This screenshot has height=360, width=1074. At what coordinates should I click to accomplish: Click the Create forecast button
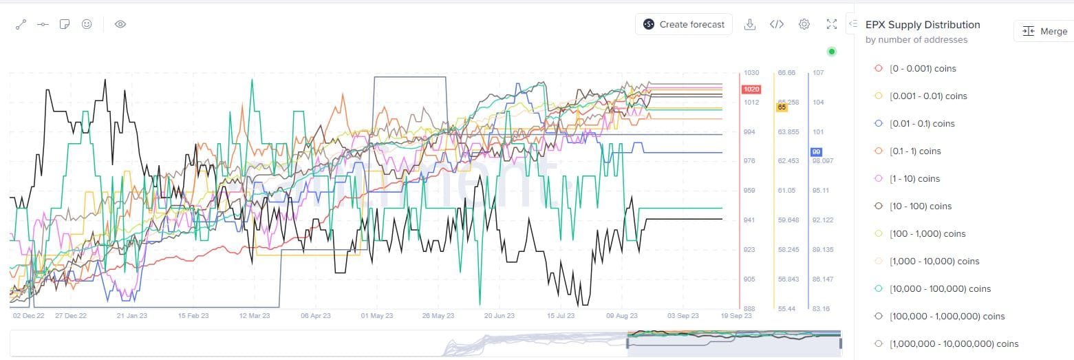coord(684,24)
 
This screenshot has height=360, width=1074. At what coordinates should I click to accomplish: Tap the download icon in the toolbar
coord(751,24)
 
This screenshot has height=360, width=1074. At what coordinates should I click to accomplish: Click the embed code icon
coord(777,24)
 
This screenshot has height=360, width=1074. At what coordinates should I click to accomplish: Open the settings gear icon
coord(804,24)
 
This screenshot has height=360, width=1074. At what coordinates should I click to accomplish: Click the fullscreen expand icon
coord(831,24)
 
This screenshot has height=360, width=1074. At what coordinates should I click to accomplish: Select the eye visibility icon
coord(120,24)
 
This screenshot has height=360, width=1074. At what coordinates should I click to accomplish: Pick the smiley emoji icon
coord(87,24)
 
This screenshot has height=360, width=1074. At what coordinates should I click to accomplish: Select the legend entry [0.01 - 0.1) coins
coord(922,123)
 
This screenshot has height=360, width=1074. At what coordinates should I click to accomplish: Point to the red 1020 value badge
coord(751,89)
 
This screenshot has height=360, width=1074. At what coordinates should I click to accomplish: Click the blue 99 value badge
coord(817,152)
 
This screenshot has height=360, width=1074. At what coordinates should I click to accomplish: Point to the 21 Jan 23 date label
coord(133,316)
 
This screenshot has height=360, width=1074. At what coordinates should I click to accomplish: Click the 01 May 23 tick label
coord(376,316)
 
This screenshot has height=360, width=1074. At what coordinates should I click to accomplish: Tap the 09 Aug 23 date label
coord(619,316)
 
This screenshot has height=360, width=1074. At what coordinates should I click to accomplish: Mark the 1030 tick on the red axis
coord(751,72)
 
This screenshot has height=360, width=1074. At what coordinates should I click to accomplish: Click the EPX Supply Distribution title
coord(923,25)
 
